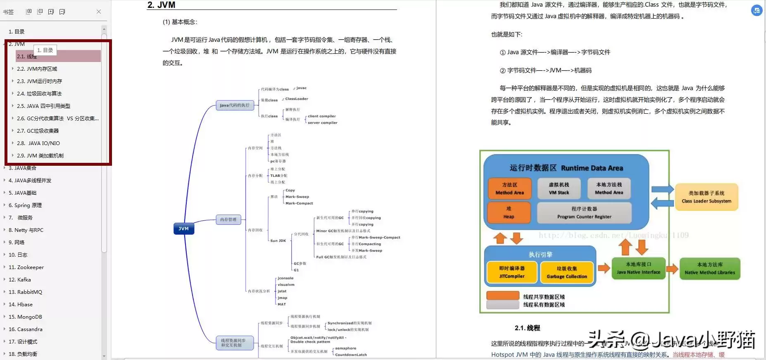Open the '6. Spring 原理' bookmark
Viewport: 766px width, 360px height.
pos(25,205)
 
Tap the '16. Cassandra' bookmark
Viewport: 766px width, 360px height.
pos(26,329)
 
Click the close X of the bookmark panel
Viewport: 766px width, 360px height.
pos(99,12)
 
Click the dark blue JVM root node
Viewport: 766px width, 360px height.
pos(183,229)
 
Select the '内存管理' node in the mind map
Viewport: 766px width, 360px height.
pos(228,219)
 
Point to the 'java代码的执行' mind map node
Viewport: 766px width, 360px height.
pos(234,105)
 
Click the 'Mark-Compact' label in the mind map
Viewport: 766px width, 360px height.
pos(299,203)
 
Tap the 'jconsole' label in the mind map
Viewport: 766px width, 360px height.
pos(285,278)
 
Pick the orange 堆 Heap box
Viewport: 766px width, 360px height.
pos(509,212)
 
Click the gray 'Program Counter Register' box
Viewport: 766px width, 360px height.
pos(584,212)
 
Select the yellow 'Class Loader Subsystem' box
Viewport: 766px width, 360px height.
pos(707,197)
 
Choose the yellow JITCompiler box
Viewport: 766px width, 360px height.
pos(512,272)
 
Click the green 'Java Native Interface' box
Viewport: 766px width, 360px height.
pos(638,268)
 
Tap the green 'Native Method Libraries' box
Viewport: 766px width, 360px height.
pos(710,269)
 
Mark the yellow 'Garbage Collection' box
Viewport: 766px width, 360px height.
pos(567,272)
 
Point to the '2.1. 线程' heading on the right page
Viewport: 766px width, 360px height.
pos(527,328)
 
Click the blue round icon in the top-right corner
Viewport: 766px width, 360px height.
pos(756,11)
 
